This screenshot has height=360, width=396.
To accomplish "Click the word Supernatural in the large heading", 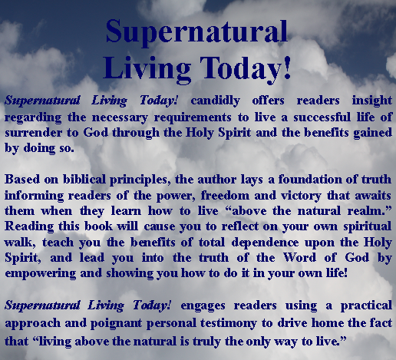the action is point(196,32).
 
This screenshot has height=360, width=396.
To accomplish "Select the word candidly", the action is point(215,101).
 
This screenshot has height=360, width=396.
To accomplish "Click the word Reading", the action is point(29,227).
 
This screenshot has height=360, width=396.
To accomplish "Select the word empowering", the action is point(41,274).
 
